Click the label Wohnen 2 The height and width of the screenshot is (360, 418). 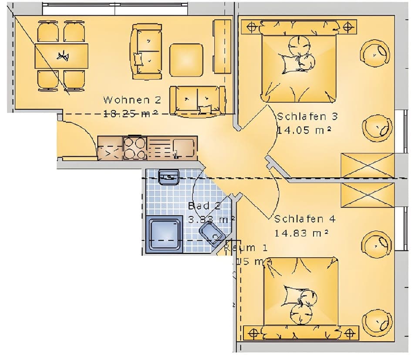coord(132,100)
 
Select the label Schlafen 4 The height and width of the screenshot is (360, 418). coord(305,219)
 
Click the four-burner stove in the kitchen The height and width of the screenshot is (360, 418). coord(135,148)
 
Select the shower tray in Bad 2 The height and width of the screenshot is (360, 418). coord(165,234)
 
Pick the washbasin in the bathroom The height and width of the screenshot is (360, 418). coord(169,177)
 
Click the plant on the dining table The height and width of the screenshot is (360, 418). coord(63,56)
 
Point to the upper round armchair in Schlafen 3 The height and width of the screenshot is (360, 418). coord(375,53)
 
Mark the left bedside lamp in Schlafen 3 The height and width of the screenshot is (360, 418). coord(252,27)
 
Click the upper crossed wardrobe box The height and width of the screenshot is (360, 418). coord(367,166)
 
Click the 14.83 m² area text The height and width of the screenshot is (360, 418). coord(301,233)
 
